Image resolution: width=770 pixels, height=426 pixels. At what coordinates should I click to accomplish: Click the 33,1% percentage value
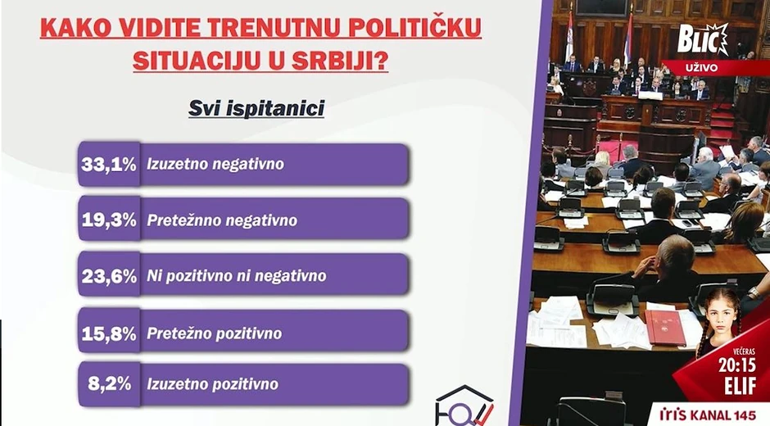click(x=108, y=164)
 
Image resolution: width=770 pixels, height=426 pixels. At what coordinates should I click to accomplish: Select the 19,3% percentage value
click(x=108, y=220)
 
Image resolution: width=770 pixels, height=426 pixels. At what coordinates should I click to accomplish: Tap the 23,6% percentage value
click(x=108, y=276)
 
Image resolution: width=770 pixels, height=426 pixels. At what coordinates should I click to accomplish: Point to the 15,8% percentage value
click(x=108, y=333)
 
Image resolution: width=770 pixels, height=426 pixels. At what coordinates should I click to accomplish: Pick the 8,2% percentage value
click(x=112, y=383)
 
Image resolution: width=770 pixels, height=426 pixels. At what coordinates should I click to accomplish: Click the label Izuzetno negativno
click(x=215, y=164)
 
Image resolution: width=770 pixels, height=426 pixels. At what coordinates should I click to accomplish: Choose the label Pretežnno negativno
click(x=221, y=220)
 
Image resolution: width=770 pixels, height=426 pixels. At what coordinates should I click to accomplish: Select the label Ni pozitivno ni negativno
click(x=236, y=276)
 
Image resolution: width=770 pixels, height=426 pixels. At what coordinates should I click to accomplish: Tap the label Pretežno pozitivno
click(x=214, y=333)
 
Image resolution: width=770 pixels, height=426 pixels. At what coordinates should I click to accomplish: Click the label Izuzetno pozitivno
click(x=212, y=383)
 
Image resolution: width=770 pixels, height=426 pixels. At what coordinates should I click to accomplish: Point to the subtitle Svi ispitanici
click(x=256, y=108)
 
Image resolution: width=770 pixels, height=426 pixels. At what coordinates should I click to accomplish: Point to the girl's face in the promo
click(x=718, y=316)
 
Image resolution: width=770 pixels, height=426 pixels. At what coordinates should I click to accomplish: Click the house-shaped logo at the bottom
click(x=464, y=406)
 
